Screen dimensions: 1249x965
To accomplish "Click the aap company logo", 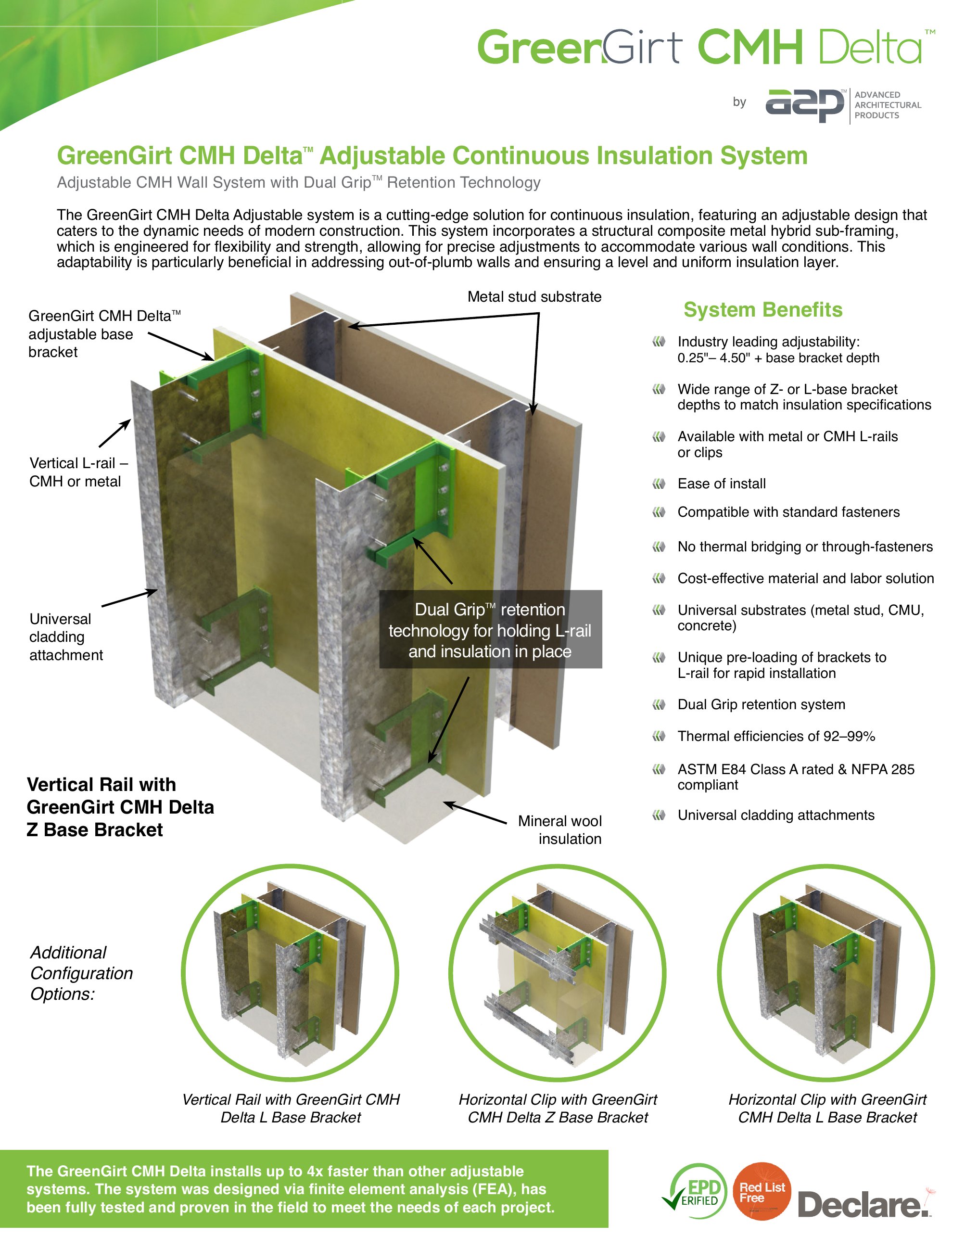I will click(x=805, y=105).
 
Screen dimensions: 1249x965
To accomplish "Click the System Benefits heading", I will click(x=762, y=309).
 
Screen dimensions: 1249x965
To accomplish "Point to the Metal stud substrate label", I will click(x=534, y=297).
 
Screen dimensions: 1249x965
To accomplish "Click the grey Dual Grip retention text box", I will click(x=490, y=630).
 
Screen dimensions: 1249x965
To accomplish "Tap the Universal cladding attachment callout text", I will click(x=66, y=637).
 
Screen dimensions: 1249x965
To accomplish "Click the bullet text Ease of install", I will click(x=722, y=484).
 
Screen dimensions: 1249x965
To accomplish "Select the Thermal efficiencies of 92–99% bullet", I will click(x=776, y=736).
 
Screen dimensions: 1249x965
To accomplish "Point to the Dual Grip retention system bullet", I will click(x=761, y=704).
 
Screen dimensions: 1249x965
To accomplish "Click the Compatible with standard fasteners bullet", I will click(x=788, y=512).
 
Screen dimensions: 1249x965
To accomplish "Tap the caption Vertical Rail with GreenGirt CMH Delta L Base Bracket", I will click(x=291, y=1109).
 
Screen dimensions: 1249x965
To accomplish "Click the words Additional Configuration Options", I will click(x=81, y=973).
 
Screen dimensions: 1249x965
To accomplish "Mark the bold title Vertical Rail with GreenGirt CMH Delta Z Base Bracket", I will click(x=120, y=807).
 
